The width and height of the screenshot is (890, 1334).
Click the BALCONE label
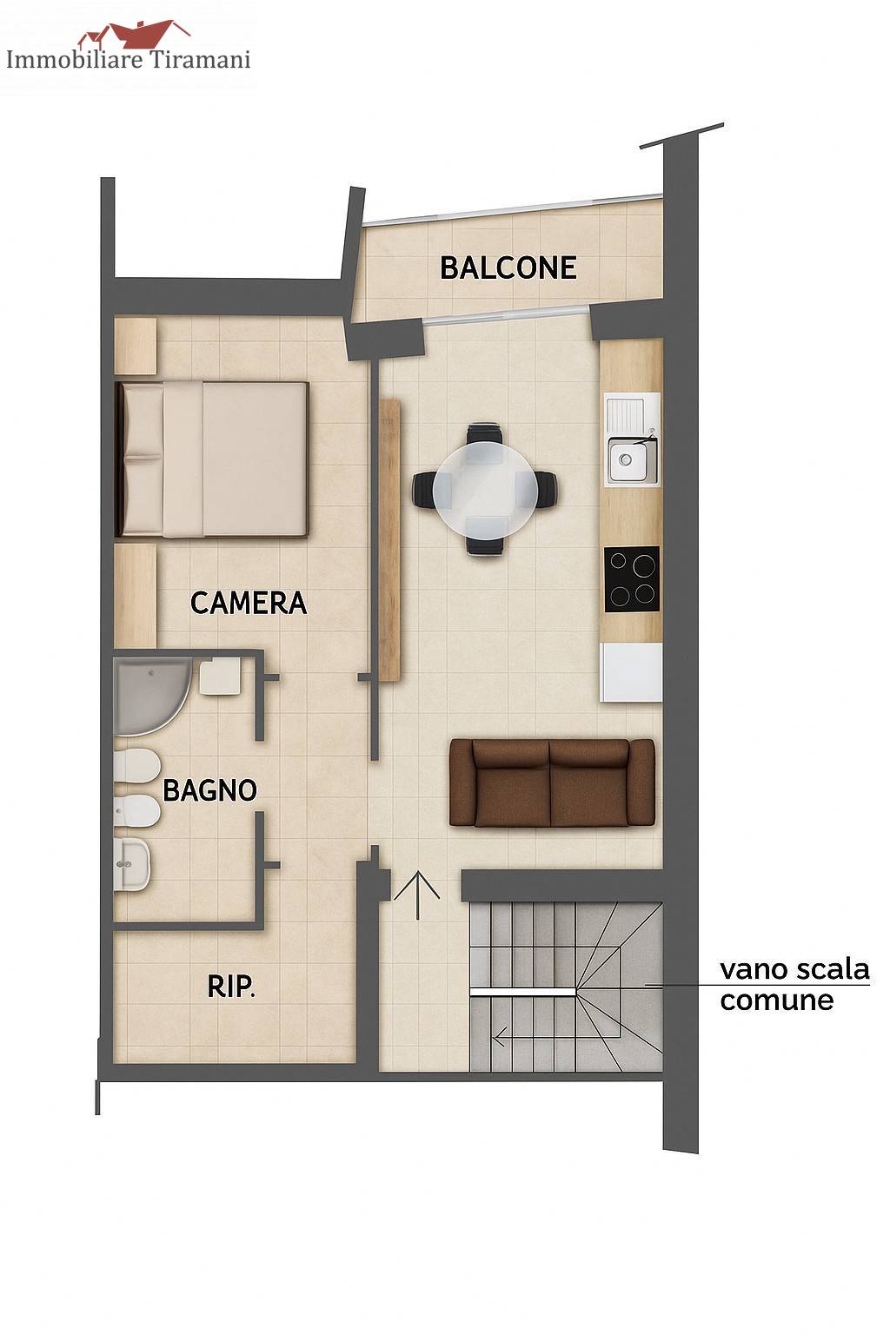coord(508,267)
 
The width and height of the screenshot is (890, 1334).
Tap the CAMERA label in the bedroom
coord(248,603)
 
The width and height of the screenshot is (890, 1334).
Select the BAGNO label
coord(209,790)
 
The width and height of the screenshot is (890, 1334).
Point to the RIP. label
coord(231,987)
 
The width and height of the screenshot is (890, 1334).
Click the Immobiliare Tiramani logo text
coord(128,60)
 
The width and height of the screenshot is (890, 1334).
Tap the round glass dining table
coord(485,489)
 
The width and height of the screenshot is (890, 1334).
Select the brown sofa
coord(552,783)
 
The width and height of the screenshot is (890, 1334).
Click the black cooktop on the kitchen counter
coord(632,579)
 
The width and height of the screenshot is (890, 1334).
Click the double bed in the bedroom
coord(211,459)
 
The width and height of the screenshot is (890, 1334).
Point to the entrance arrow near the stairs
coord(416,895)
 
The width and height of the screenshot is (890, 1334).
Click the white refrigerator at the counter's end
coord(631,671)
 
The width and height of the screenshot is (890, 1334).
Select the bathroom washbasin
coord(131,865)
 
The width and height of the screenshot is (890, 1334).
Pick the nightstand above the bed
coord(136,346)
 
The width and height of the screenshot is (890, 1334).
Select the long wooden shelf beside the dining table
coord(389,539)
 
